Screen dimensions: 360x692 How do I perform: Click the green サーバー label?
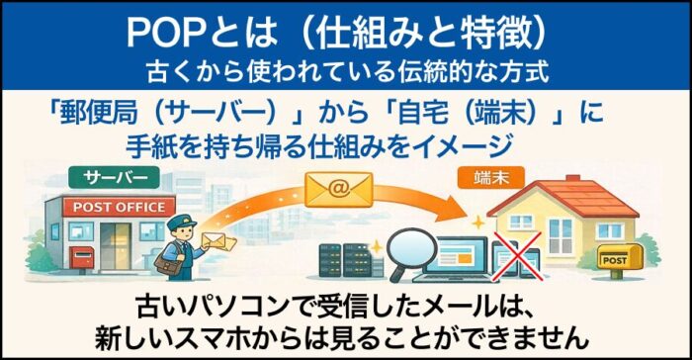[x=110, y=178]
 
